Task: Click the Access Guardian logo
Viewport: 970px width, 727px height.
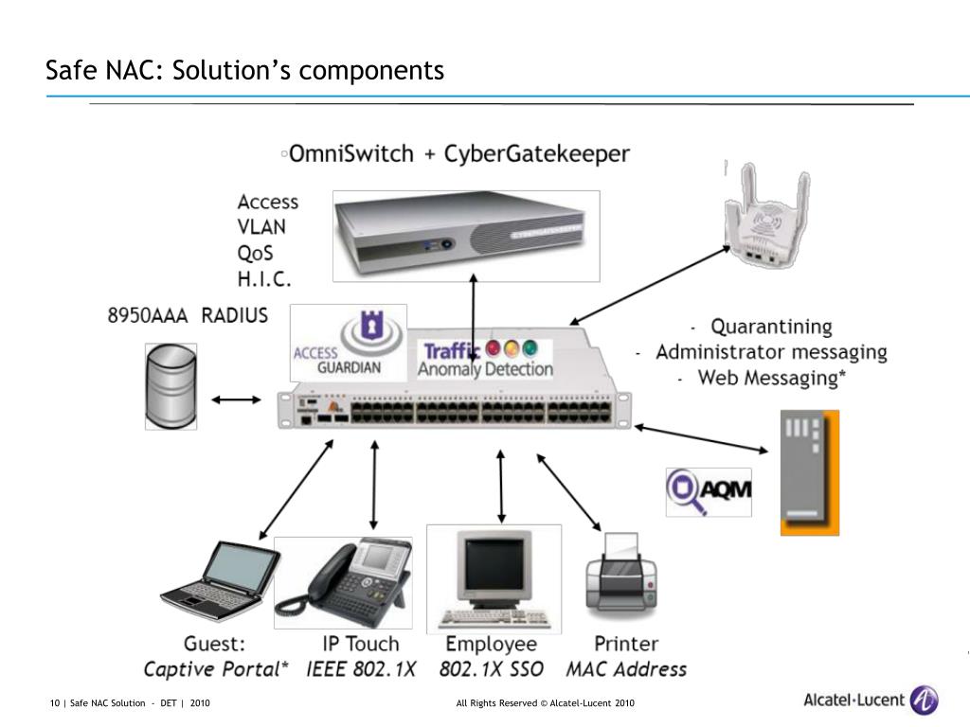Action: click(x=349, y=343)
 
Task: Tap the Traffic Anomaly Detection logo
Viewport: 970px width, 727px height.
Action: click(x=484, y=359)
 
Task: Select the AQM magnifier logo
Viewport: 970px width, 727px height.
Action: click(x=709, y=492)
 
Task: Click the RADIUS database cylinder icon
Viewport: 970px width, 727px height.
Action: click(x=171, y=386)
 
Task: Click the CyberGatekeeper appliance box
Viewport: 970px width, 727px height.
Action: click(x=466, y=236)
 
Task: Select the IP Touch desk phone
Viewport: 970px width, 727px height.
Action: click(x=343, y=582)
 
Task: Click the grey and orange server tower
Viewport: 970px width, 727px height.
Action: click(x=809, y=472)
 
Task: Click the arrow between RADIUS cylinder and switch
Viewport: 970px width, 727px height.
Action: click(x=236, y=400)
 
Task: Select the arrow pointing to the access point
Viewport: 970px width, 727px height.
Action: click(x=650, y=284)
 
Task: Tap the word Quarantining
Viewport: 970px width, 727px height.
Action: click(x=771, y=326)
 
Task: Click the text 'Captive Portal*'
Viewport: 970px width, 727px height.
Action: click(x=216, y=669)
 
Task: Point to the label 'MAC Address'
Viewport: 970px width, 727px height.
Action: click(x=626, y=669)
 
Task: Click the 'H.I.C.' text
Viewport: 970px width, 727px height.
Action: click(x=264, y=279)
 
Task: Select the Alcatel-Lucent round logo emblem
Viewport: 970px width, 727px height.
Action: click(x=924, y=700)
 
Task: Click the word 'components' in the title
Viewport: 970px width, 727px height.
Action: click(x=371, y=70)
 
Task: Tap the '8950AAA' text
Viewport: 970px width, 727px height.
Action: click(x=147, y=315)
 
